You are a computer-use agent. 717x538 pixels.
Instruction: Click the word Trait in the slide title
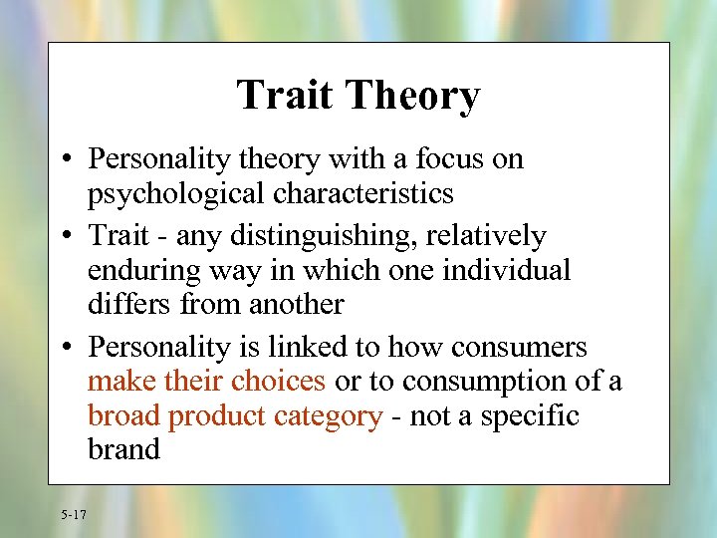[284, 96]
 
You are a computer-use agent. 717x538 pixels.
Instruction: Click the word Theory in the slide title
[411, 97]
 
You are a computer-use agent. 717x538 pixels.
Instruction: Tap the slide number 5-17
[73, 514]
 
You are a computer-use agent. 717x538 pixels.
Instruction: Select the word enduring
[135, 270]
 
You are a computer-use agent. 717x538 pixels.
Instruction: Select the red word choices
[279, 381]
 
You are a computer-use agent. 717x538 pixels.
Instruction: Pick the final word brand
[123, 448]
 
